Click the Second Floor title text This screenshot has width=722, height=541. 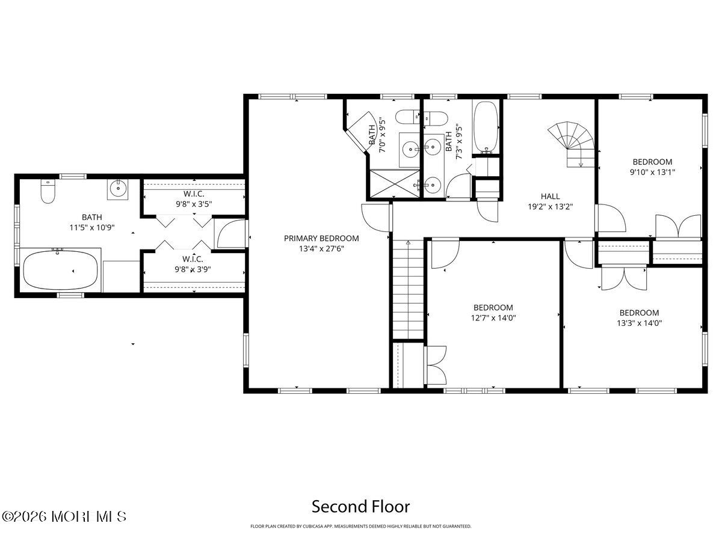click(x=360, y=506)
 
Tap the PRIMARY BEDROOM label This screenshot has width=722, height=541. click(x=321, y=238)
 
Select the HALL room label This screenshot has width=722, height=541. click(x=550, y=196)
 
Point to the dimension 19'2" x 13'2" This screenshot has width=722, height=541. click(x=550, y=206)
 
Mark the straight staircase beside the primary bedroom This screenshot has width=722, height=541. click(x=409, y=289)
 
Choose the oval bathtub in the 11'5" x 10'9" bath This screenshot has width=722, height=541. click(x=60, y=270)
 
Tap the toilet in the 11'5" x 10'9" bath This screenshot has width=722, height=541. click(x=48, y=191)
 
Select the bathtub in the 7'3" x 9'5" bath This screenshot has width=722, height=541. click(x=485, y=127)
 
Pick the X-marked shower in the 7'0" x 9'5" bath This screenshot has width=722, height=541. click(x=390, y=183)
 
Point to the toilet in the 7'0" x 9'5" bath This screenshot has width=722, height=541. click(x=408, y=116)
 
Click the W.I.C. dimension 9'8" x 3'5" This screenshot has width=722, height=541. click(x=193, y=204)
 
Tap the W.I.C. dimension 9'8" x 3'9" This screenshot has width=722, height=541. click(x=193, y=269)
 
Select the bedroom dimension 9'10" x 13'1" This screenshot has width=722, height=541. click(x=652, y=172)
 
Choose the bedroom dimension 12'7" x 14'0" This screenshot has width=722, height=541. click(x=493, y=317)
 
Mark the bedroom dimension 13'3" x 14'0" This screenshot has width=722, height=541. click(x=639, y=323)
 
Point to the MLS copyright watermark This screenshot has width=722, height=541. click(x=64, y=516)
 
